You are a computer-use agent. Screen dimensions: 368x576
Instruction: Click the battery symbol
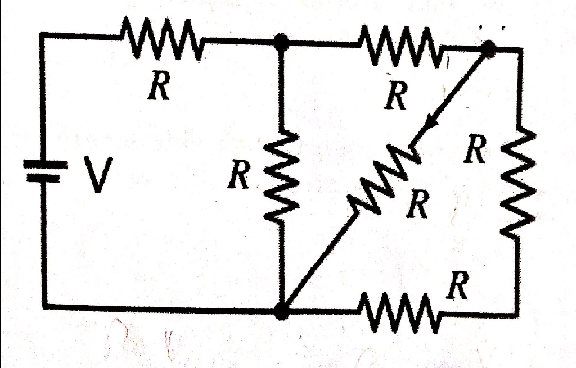41,171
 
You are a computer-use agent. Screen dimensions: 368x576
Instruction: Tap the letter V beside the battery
98,175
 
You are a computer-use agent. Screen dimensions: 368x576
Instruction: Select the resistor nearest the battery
161,40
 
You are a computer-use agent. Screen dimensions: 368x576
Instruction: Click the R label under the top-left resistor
160,88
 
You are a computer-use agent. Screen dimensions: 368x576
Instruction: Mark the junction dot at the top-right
488,49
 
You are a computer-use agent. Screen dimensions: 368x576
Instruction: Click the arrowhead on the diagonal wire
433,122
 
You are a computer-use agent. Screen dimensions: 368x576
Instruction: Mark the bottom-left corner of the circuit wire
43,305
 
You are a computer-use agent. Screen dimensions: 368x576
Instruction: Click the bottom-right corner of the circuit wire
516,313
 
